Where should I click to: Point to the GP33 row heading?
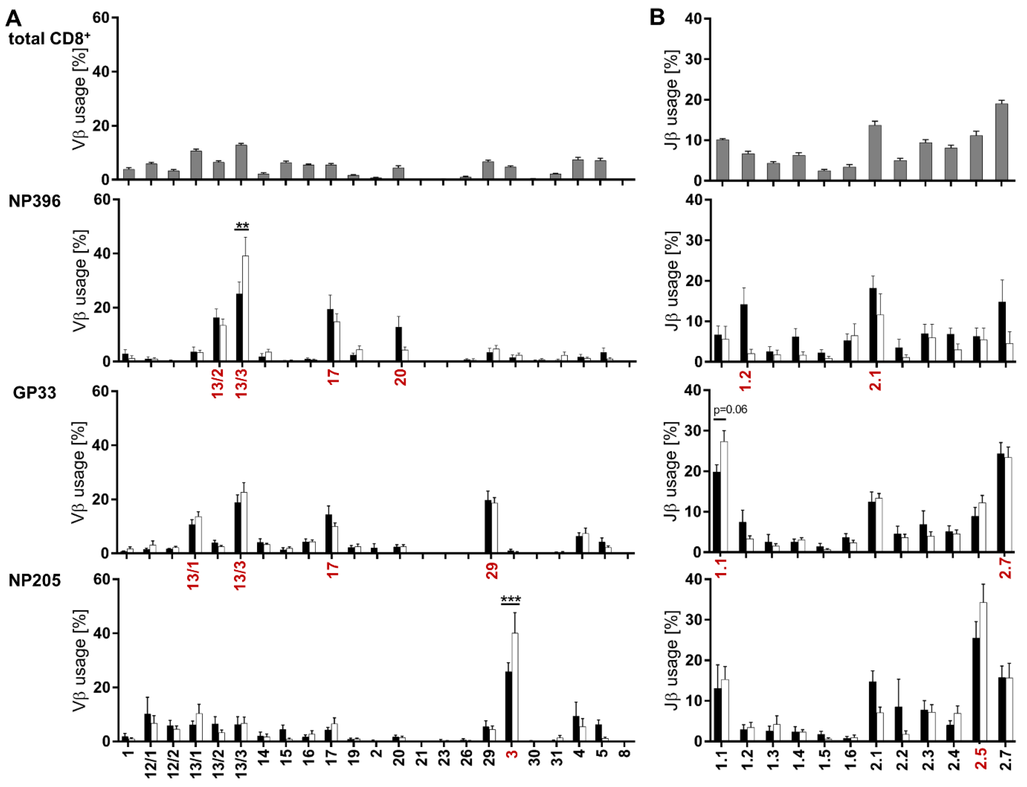click(x=34, y=393)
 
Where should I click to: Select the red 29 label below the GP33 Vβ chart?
click(x=491, y=571)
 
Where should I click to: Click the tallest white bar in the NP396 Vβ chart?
click(x=245, y=309)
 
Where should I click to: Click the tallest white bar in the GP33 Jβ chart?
click(x=724, y=496)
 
